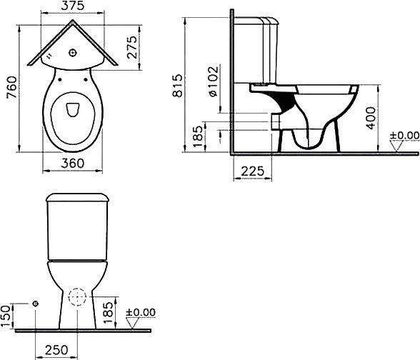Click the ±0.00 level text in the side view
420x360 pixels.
(404, 134)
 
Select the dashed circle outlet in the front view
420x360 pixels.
(77, 297)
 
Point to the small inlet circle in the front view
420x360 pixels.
(35, 303)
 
